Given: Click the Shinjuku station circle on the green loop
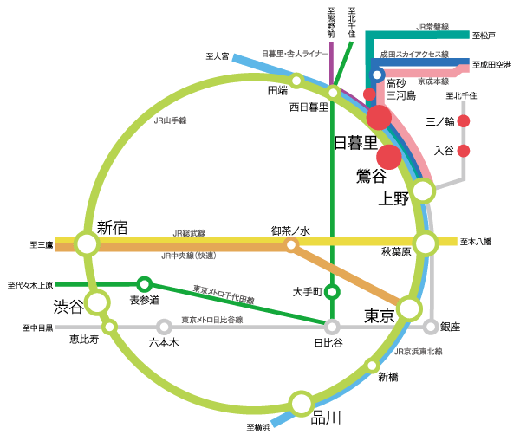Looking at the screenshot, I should pyautogui.click(x=86, y=243).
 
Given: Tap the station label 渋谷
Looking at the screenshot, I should pyautogui.click(x=69, y=306).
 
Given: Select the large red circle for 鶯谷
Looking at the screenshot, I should pyautogui.click(x=389, y=157).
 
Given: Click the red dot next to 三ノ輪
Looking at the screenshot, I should pyautogui.click(x=464, y=121).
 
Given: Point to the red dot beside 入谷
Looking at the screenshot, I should pyautogui.click(x=464, y=151).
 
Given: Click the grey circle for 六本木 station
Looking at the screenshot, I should pyautogui.click(x=164, y=327).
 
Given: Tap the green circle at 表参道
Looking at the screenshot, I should pyautogui.click(x=145, y=284).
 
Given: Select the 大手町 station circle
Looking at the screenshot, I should pyautogui.click(x=332, y=291).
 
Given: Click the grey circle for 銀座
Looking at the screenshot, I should pyautogui.click(x=431, y=327).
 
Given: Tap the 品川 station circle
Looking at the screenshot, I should pyautogui.click(x=301, y=403).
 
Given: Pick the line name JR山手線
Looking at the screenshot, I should pyautogui.click(x=170, y=120).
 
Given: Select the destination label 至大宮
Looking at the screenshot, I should pyautogui.click(x=218, y=56).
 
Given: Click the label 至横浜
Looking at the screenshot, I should pyautogui.click(x=258, y=427).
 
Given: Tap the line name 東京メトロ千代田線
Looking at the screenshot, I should pyautogui.click(x=224, y=294).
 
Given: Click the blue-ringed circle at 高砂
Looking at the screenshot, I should pyautogui.click(x=378, y=75).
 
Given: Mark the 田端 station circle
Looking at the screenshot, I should pyautogui.click(x=296, y=81).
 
